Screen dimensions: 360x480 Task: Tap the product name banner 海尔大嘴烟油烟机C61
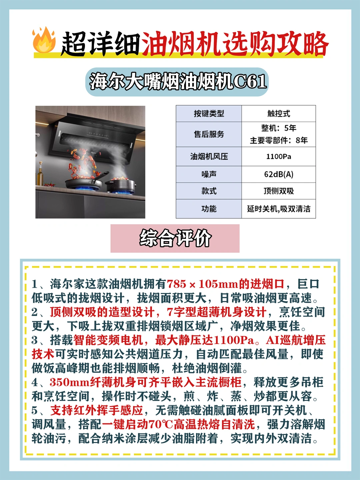pyautogui.click(x=177, y=82)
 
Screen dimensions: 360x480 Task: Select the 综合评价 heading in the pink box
pyautogui.click(x=175, y=238)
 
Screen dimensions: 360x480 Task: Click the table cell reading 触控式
pyautogui.click(x=279, y=113)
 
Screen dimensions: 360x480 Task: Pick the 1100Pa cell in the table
pyautogui.click(x=279, y=157)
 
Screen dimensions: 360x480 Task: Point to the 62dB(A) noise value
pyautogui.click(x=279, y=174)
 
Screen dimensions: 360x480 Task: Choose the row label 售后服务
pyautogui.click(x=209, y=134)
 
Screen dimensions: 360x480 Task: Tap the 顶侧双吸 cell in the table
pyautogui.click(x=279, y=191)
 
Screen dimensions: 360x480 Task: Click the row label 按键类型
pyautogui.click(x=209, y=113)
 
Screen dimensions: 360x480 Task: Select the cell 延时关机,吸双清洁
pyautogui.click(x=279, y=209)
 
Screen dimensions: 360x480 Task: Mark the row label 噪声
pyautogui.click(x=209, y=174)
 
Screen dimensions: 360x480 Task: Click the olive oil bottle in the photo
pyautogui.click(x=40, y=174)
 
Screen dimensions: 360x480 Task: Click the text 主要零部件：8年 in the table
pyautogui.click(x=279, y=140)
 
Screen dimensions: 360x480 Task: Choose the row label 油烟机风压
pyautogui.click(x=209, y=157)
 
